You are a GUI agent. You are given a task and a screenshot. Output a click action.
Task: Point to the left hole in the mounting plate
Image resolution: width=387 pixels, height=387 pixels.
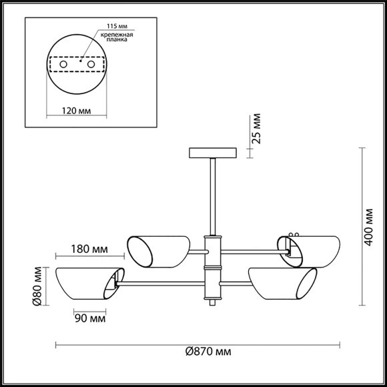tap(63, 64)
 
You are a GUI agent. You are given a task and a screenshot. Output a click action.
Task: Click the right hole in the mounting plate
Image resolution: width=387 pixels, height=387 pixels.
tap(91, 64)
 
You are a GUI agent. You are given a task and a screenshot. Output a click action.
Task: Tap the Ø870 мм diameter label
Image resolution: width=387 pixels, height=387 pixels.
tap(208, 351)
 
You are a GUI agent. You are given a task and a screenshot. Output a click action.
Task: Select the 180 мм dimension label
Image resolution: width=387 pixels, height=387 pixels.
tap(89, 250)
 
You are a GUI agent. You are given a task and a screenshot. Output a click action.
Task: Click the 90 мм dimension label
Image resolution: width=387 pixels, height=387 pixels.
tap(89, 318)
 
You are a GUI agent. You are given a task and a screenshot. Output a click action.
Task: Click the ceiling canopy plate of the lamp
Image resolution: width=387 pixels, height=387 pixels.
tap(212, 152)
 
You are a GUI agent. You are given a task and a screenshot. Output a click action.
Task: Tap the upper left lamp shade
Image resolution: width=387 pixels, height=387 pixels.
tap(156, 251)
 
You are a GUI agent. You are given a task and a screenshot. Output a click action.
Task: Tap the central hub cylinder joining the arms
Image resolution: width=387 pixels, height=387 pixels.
tap(212, 267)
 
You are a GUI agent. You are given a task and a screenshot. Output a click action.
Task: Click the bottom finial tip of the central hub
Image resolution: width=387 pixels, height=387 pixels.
tap(212, 303)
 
